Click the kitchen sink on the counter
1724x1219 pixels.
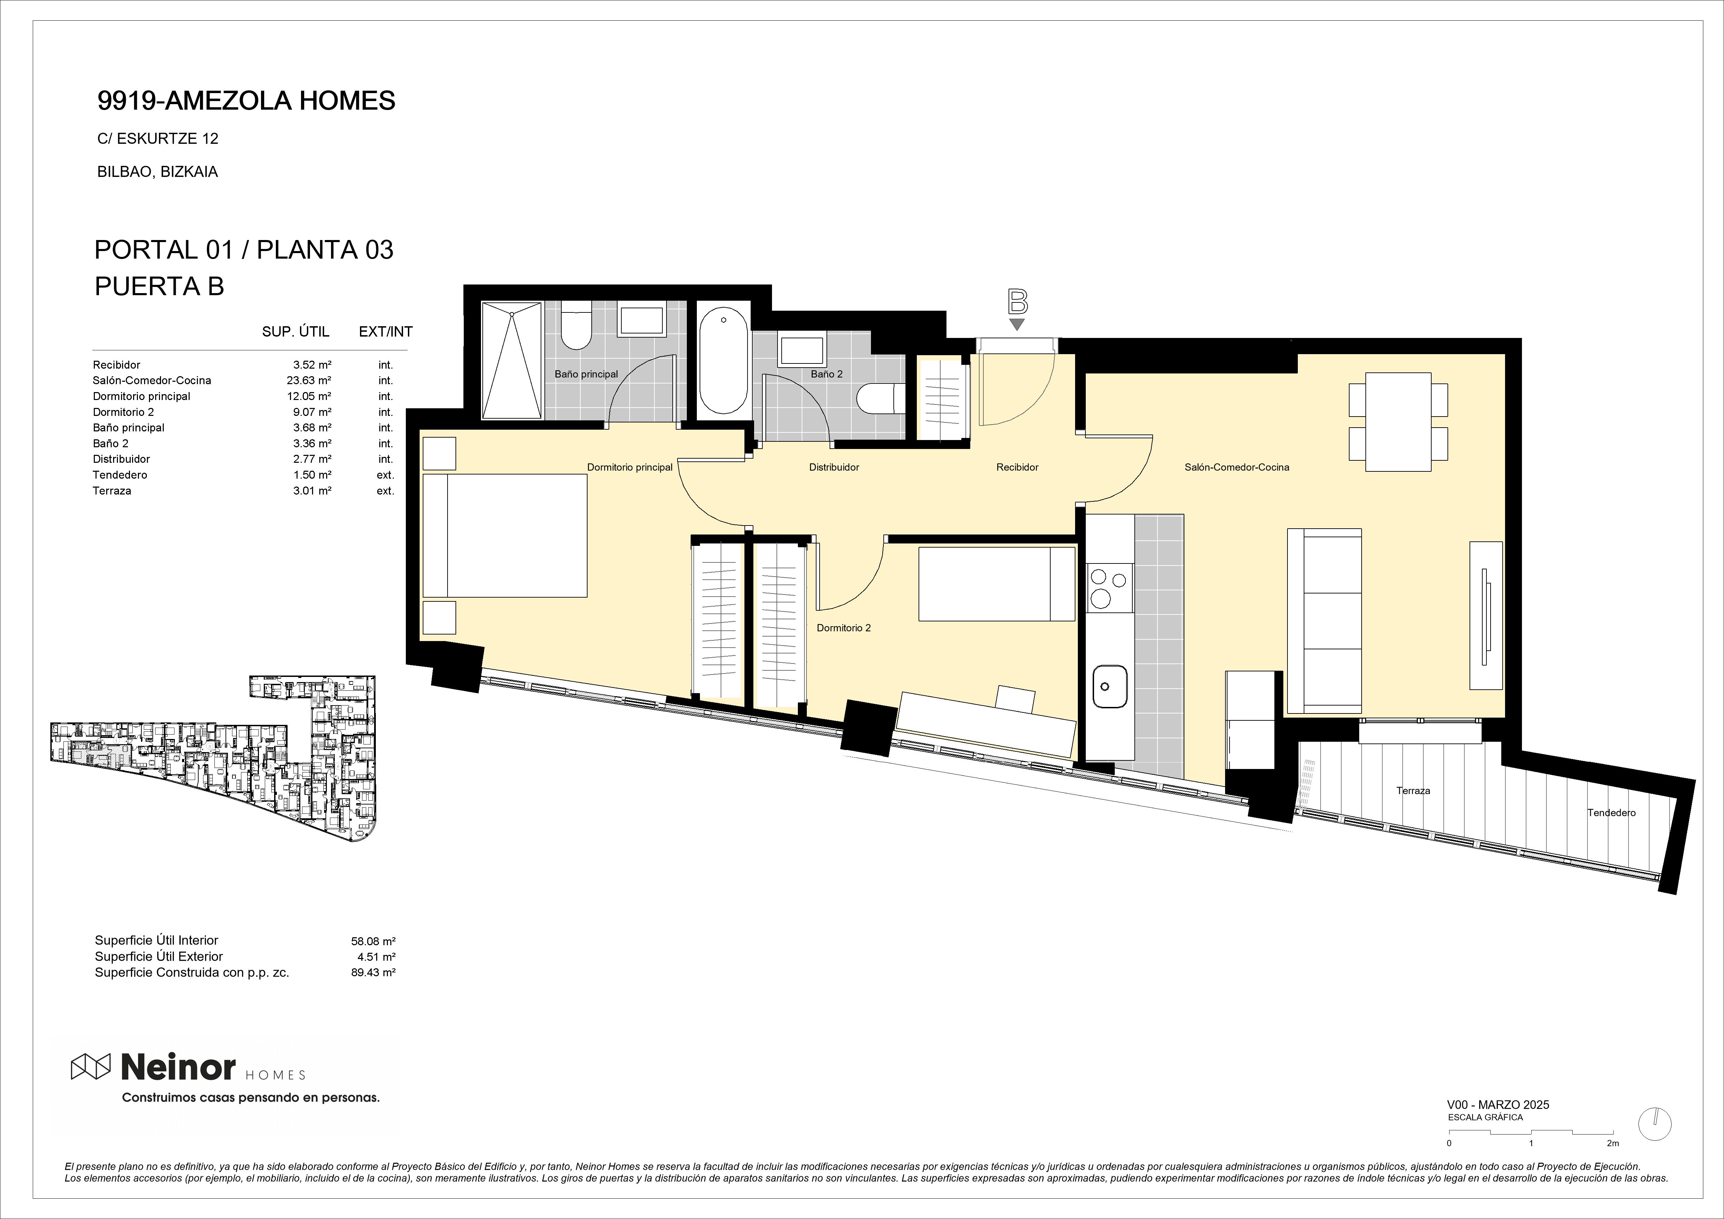click(1110, 686)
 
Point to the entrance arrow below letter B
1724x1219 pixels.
click(1017, 324)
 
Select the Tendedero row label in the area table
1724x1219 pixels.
click(120, 475)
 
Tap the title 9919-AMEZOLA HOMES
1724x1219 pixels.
click(246, 101)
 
